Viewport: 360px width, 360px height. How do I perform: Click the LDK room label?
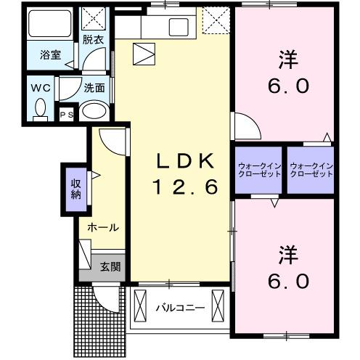click(x=183, y=160)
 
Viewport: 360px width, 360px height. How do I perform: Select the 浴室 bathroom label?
click(x=49, y=54)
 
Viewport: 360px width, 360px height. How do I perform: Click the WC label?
click(x=41, y=86)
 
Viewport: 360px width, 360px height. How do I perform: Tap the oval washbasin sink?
click(x=94, y=110)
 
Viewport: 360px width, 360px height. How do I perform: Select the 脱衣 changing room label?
click(x=92, y=39)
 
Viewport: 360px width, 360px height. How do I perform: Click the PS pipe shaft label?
click(x=67, y=114)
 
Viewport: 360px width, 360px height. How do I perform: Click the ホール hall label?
click(x=103, y=227)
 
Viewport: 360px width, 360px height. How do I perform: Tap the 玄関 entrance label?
click(x=111, y=267)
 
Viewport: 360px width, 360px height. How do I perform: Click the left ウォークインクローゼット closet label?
click(x=258, y=171)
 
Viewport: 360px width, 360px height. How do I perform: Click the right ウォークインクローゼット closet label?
click(x=311, y=171)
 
